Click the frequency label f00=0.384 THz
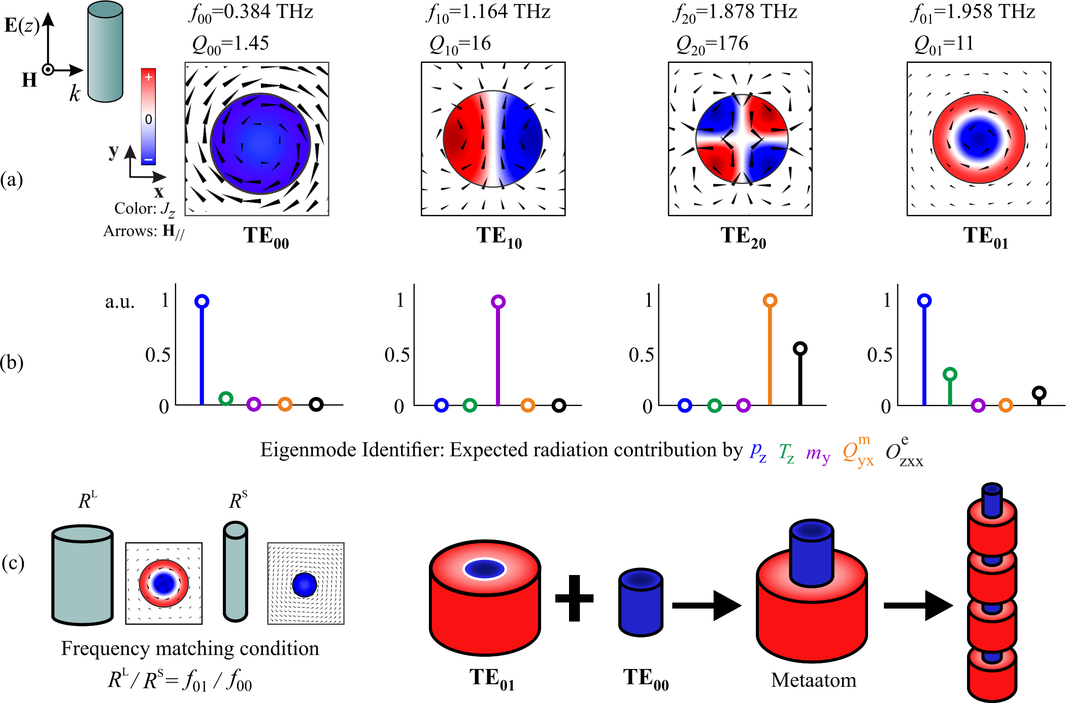pos(251,13)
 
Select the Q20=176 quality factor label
pos(712,44)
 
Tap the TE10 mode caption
pos(499,237)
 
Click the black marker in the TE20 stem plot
pos(800,349)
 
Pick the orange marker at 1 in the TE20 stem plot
pos(770,300)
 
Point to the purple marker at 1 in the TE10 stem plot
pos(498,302)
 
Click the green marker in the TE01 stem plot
pos(950,375)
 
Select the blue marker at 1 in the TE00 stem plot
pos(202,302)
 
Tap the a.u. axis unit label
pos(120,302)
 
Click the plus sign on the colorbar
pos(148,77)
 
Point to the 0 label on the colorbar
pos(148,120)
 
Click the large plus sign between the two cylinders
pos(574,598)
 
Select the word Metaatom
pos(813,680)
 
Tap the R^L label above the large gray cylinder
pos(87,500)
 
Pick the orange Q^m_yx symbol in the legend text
pos(858,451)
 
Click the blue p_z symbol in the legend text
pos(758,451)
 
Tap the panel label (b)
pos(12,363)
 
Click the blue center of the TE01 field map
pos(979,138)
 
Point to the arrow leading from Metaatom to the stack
pos(918,605)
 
